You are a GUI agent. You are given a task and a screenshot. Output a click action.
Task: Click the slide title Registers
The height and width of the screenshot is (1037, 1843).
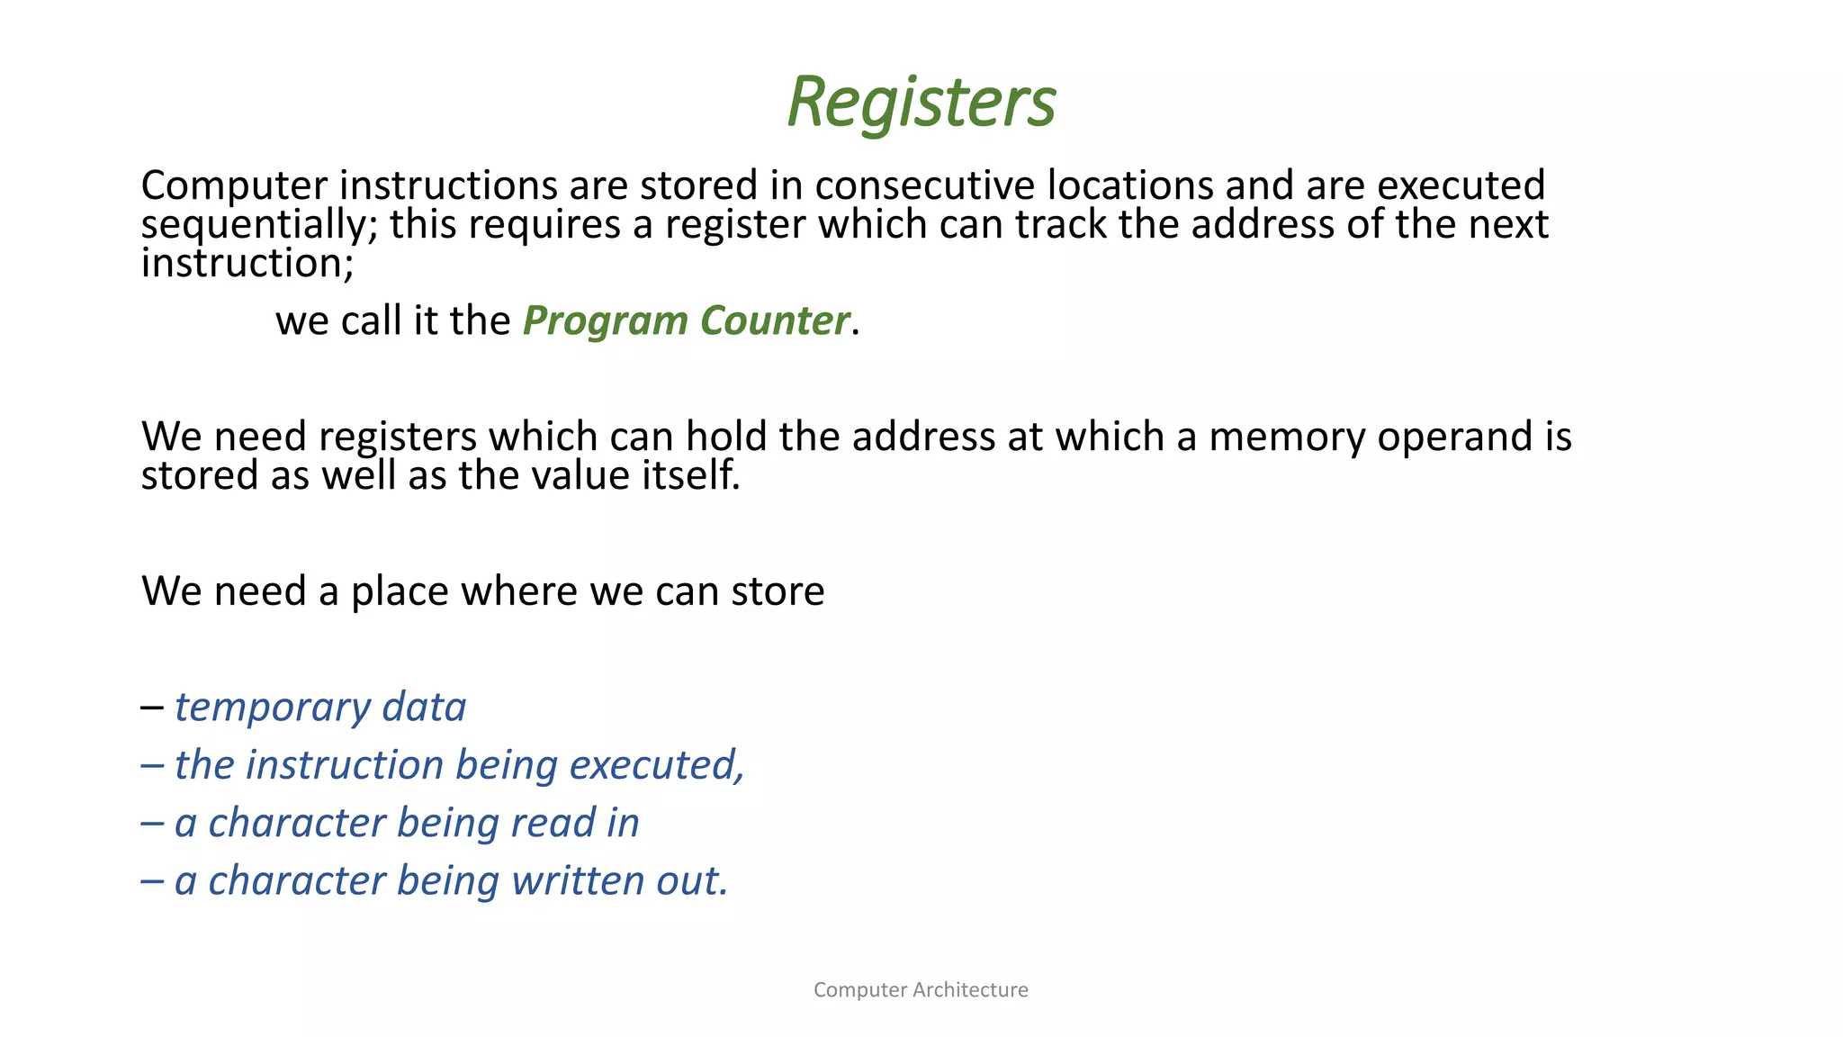click(921, 102)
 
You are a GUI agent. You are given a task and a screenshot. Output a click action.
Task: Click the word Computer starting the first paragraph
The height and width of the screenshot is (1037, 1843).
click(234, 185)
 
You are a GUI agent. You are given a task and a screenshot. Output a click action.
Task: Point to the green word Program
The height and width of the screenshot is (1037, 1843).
click(605, 321)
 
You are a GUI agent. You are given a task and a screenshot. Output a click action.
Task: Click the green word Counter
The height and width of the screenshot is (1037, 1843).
click(774, 321)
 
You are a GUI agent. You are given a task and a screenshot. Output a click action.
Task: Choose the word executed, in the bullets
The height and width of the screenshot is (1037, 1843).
click(657, 765)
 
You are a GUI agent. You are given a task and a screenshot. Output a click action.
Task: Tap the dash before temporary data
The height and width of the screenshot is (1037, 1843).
click(151, 708)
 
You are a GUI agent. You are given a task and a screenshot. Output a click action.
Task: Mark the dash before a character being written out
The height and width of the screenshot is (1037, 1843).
click(151, 881)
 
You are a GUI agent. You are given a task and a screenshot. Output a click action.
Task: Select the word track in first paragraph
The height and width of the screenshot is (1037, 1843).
click(1062, 224)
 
